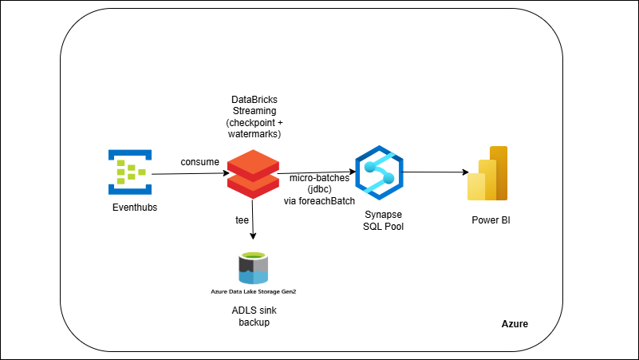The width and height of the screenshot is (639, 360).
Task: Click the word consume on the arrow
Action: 199,162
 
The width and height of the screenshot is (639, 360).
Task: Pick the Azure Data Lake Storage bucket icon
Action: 253,267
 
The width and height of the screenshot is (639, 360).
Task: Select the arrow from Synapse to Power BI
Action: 434,172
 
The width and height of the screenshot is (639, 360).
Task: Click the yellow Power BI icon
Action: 487,173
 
